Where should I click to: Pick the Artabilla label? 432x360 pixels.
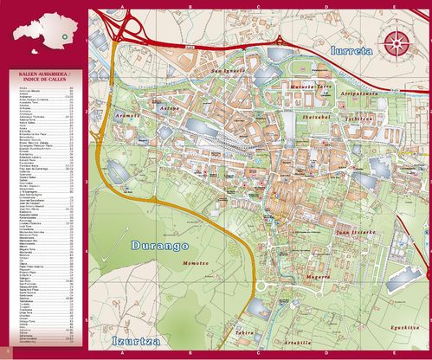pyautogui.click(x=296, y=343)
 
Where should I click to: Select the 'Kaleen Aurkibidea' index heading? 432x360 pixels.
pyautogui.click(x=43, y=80)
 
